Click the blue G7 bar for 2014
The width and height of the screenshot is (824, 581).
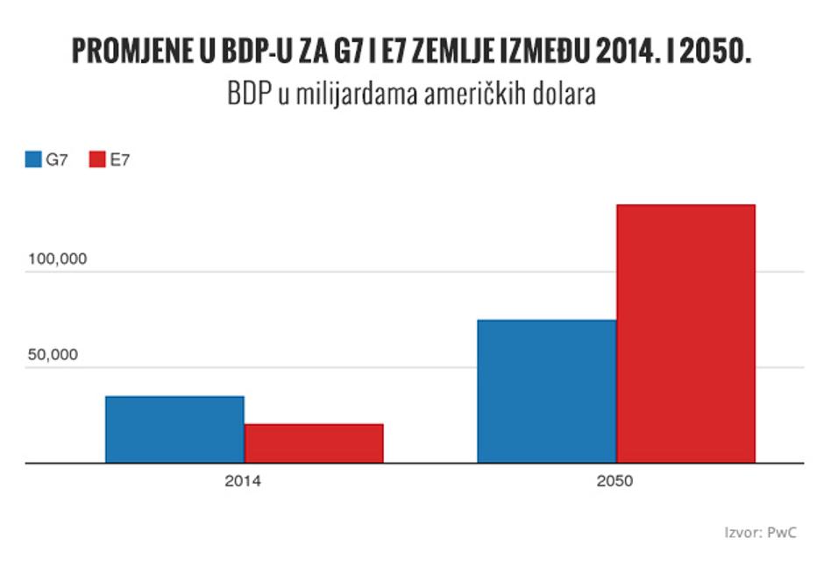point(175,429)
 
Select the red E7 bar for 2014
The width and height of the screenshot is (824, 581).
point(314,443)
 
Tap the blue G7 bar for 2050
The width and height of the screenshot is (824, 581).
point(547,391)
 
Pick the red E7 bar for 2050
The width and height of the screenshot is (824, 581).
point(685,334)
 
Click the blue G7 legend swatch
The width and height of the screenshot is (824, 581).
point(33,159)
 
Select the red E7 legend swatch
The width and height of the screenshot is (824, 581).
point(97,159)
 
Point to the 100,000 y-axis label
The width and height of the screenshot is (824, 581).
point(57,259)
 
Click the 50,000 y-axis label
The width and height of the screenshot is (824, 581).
point(53,355)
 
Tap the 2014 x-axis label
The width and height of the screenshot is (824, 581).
point(243,481)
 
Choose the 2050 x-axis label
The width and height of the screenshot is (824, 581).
point(614,481)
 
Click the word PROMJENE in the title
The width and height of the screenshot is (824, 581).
point(132,51)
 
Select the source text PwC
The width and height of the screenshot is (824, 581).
point(782,533)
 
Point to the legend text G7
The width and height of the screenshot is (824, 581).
point(57,159)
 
